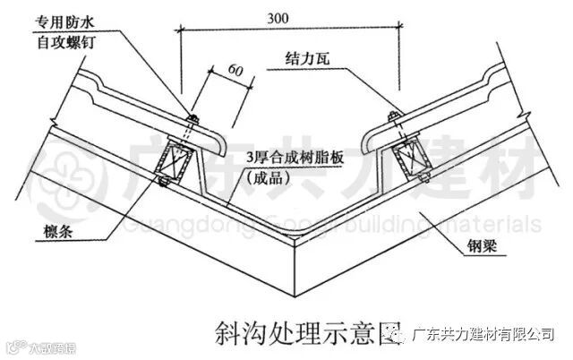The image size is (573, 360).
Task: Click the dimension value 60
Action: tap(235, 69)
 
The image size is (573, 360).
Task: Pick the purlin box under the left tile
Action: tap(171, 164)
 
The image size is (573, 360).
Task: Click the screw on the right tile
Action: tap(391, 117)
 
